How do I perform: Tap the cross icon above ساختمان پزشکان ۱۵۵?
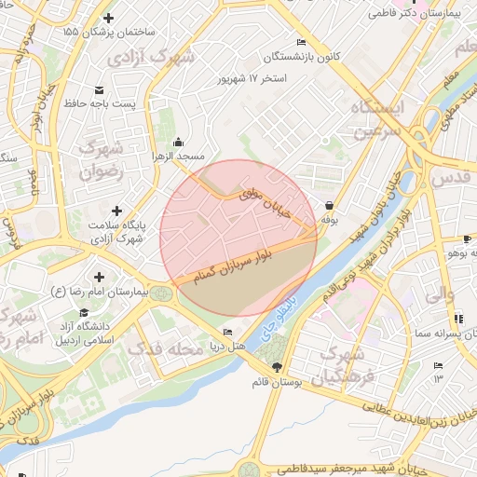tap(109, 18)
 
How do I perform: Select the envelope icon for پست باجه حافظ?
tap(100, 90)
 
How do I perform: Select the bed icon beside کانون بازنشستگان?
tap(300, 43)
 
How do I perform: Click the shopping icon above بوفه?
tap(328, 205)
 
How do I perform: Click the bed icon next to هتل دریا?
tap(228, 333)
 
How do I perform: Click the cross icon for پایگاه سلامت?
tap(116, 211)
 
